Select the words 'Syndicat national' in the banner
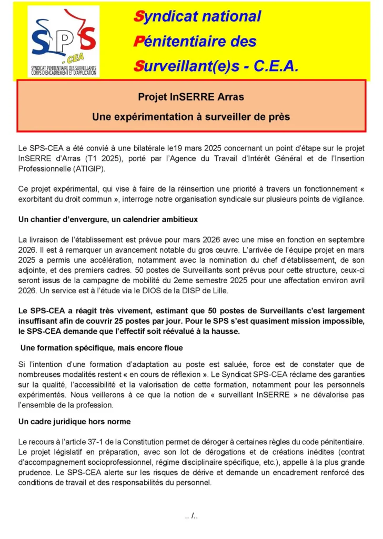(197, 16)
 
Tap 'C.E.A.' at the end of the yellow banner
(276, 66)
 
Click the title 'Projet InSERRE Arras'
(191, 97)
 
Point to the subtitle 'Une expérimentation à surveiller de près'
(191, 117)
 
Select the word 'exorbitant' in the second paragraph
(35, 199)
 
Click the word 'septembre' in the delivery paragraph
(345, 239)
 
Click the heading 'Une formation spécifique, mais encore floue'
(102, 348)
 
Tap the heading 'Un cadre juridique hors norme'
(74, 422)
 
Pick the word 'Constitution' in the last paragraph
(142, 441)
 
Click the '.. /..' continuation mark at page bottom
(191, 516)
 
